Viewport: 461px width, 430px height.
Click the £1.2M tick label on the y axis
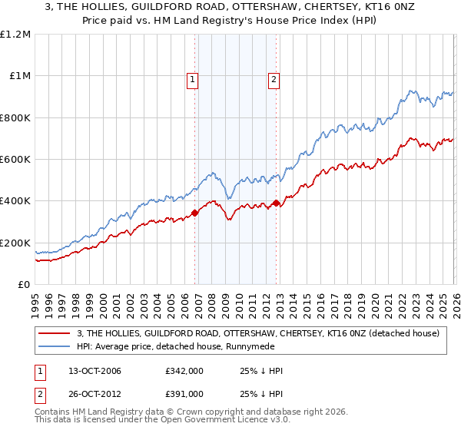coord(15,35)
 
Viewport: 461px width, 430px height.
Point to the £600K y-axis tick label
coord(15,160)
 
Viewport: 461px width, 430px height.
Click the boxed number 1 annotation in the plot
coord(191,78)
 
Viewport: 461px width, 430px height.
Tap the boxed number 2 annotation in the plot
coord(274,78)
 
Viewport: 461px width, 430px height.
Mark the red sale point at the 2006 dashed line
coord(194,213)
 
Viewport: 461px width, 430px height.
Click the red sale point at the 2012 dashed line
coord(276,203)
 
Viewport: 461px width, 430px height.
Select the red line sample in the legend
coord(54,333)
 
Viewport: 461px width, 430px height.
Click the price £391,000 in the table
coord(184,395)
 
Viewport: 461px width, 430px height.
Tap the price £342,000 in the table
coord(184,372)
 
